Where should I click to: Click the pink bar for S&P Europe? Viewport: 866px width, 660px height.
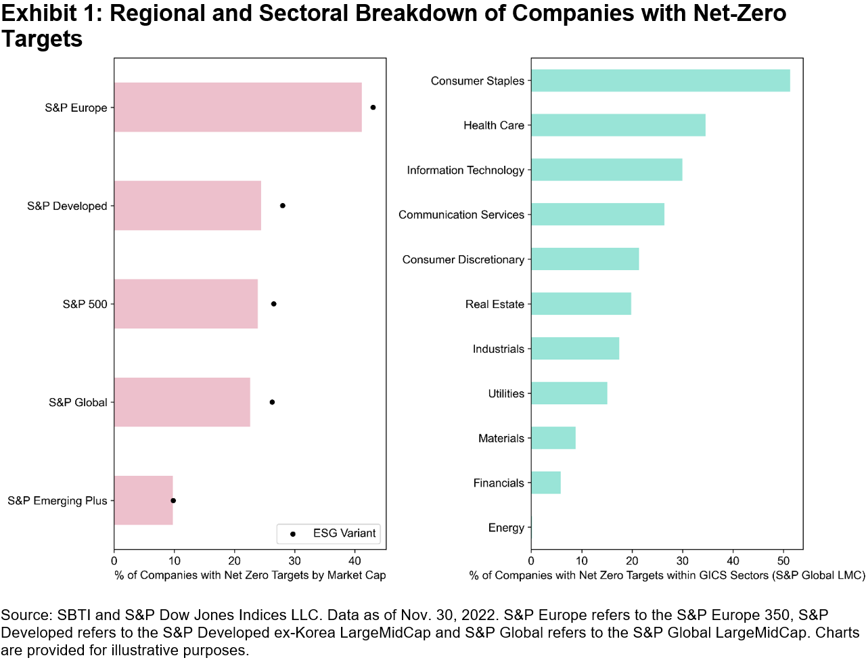(x=237, y=108)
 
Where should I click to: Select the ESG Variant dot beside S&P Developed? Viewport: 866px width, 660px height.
(x=283, y=206)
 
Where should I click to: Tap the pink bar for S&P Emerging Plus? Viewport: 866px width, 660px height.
(x=143, y=500)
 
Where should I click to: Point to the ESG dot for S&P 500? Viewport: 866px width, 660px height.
(x=274, y=304)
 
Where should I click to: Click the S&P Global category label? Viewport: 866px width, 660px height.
(x=78, y=403)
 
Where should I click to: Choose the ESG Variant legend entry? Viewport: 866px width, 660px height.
(x=329, y=533)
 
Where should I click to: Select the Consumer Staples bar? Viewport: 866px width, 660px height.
(x=660, y=81)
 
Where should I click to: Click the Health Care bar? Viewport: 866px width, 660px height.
(x=618, y=125)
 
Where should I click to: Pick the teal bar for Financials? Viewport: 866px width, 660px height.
(x=546, y=483)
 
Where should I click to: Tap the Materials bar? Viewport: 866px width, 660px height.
(x=553, y=438)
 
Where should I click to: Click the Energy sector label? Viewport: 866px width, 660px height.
(x=506, y=528)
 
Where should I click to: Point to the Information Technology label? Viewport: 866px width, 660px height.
(x=465, y=171)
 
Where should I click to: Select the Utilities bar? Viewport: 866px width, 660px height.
(x=569, y=393)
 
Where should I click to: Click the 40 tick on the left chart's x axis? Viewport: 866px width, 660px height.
(x=355, y=560)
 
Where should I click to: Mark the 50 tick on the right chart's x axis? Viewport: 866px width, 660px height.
(x=783, y=560)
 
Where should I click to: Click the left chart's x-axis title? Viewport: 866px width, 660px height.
(x=250, y=575)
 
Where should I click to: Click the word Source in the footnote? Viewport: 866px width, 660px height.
(x=26, y=615)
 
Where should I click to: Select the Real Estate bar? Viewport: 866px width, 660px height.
(x=581, y=304)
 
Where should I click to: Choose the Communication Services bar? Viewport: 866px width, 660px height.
(x=597, y=215)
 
